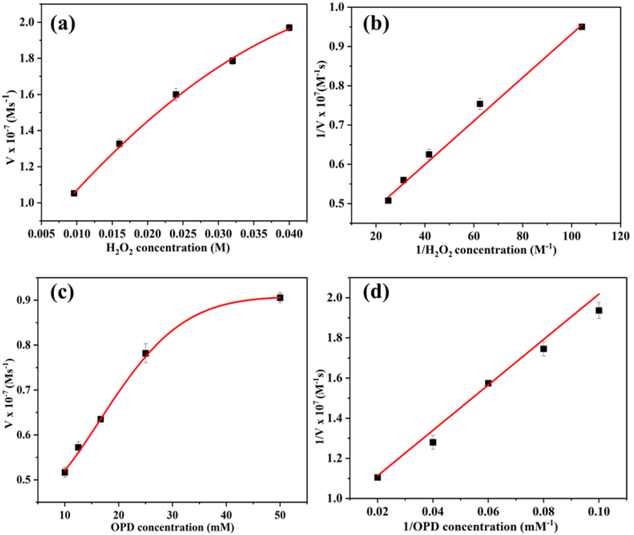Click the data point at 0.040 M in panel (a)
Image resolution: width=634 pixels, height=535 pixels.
point(289,28)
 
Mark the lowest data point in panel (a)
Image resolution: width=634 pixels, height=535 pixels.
point(74,193)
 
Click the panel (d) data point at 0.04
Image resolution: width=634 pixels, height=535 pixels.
point(433,442)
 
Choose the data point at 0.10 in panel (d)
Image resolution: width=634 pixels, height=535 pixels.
point(599,311)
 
